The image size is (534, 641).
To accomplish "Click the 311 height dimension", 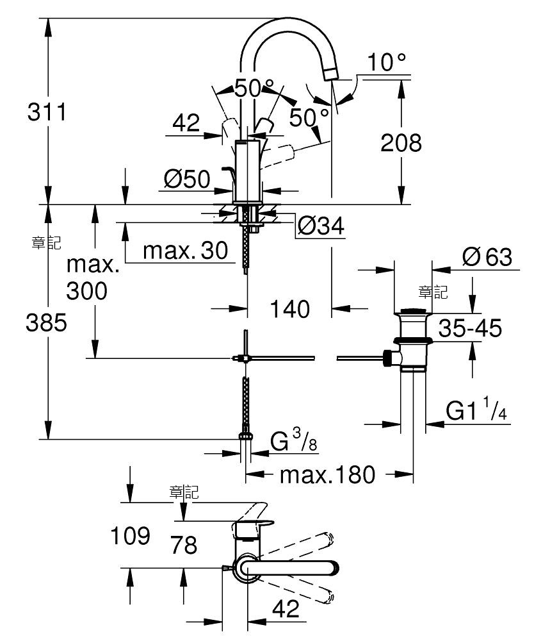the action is [x=47, y=112].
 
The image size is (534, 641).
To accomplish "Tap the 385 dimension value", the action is [x=47, y=322].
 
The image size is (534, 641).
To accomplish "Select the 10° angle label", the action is [x=387, y=62].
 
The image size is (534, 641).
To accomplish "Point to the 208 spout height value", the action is [x=401, y=143].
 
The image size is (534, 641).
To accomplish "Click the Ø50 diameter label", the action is [x=187, y=179].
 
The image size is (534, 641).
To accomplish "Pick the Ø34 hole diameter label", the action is [x=321, y=225].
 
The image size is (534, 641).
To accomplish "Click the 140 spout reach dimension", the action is [x=290, y=309].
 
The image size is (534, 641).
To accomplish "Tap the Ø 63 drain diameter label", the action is [x=487, y=257].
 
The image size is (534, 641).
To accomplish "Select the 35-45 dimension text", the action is [x=471, y=328].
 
